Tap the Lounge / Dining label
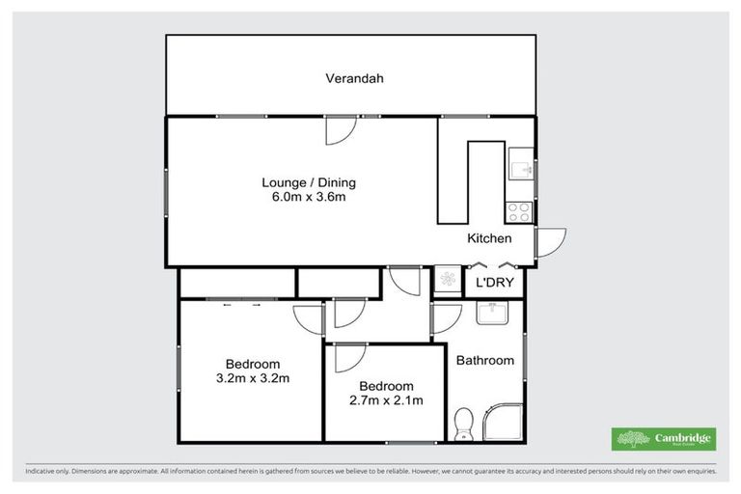303,181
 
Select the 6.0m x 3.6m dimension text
303,197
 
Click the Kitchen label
489,238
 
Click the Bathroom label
484,361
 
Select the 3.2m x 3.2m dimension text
252,378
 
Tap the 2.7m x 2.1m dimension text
385,400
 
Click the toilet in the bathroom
463,423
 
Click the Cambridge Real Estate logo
665,438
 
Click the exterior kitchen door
550,241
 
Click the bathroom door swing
445,317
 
